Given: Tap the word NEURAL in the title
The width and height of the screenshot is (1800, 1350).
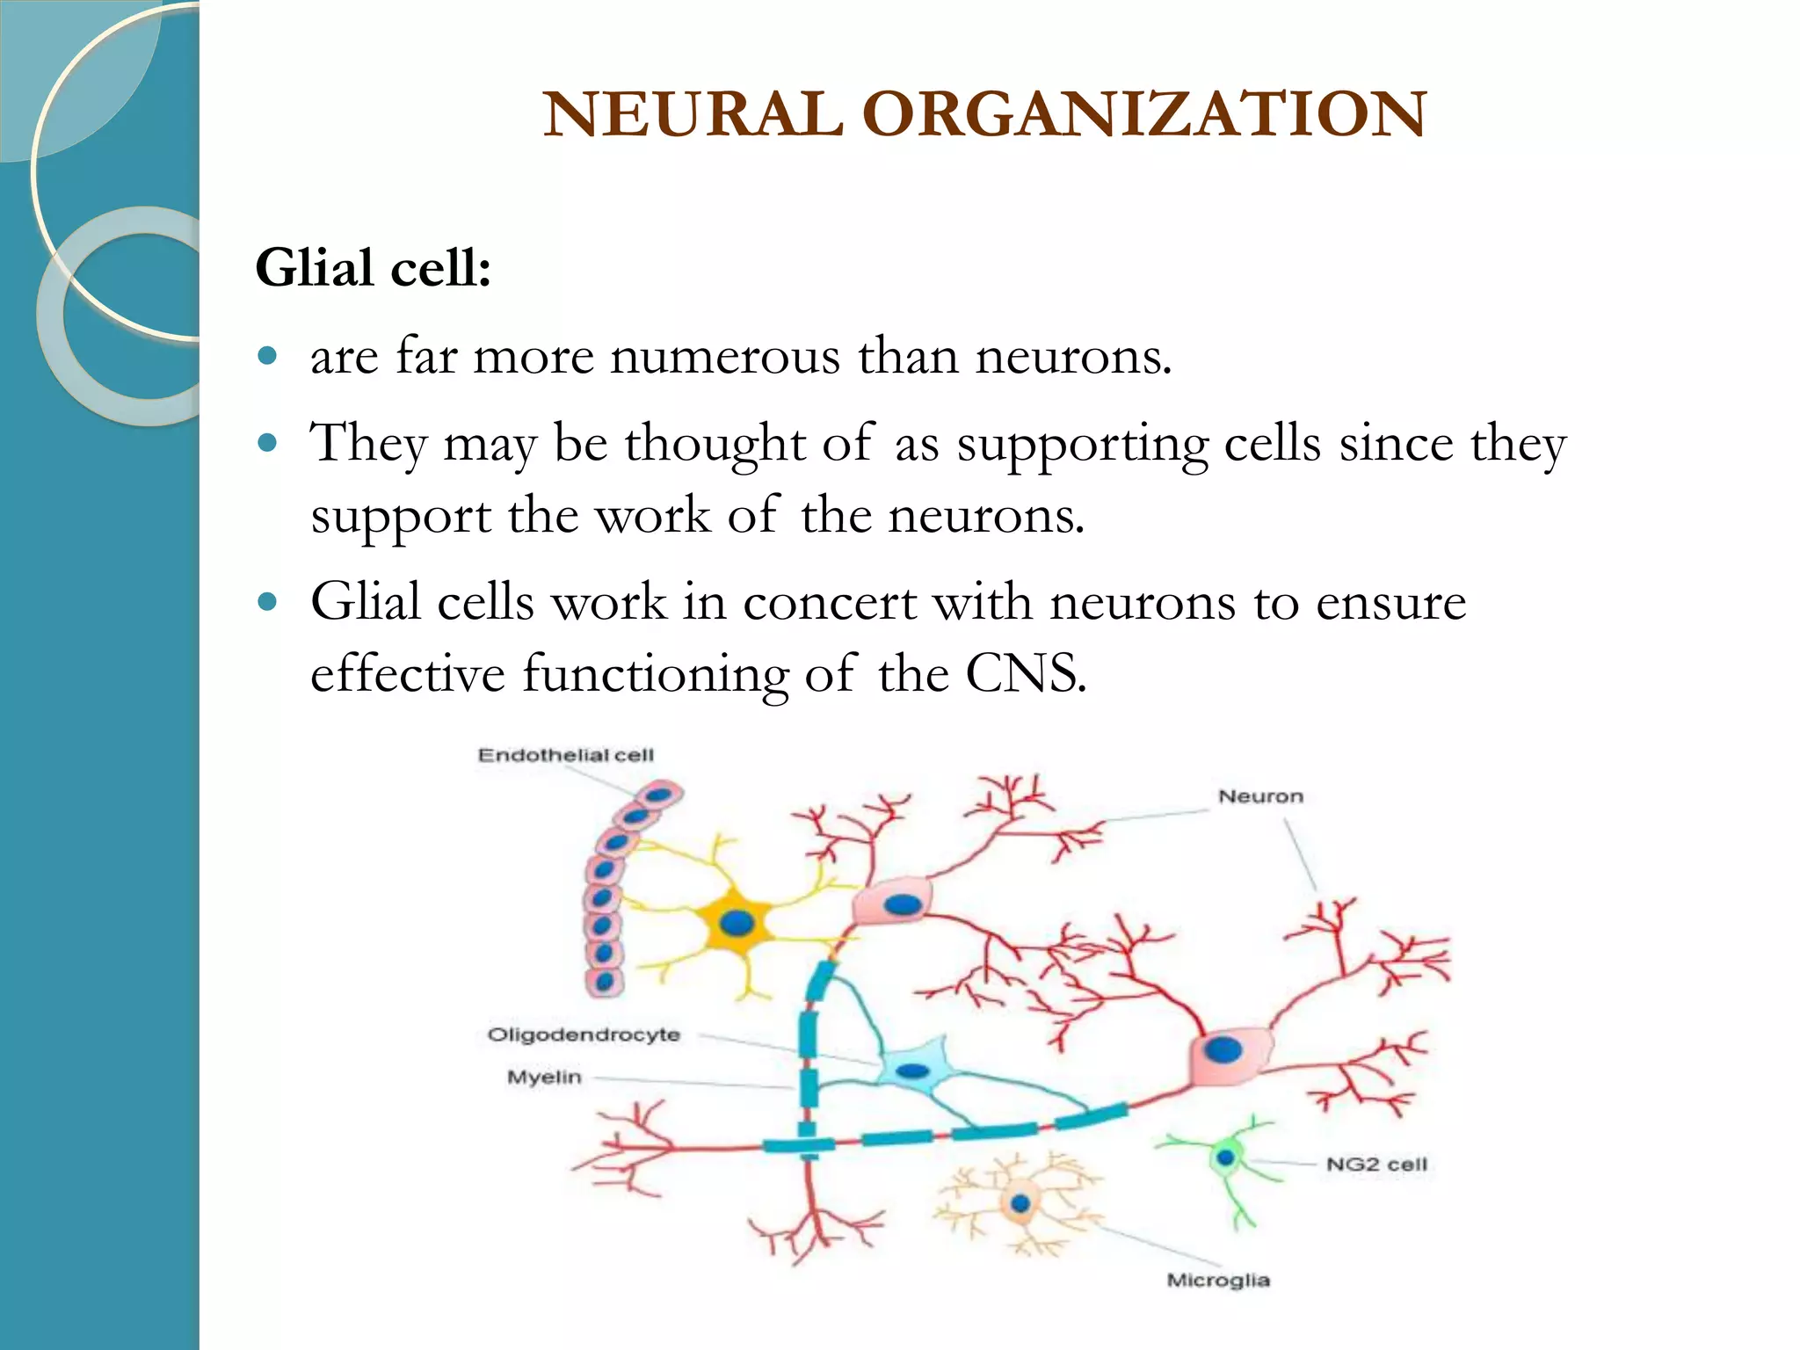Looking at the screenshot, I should click(x=693, y=114).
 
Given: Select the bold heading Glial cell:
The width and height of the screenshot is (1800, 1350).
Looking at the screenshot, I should click(x=373, y=267).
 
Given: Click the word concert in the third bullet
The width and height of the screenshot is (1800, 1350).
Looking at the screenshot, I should click(x=830, y=603).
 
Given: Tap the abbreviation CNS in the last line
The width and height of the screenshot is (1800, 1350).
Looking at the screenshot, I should click(x=1023, y=675).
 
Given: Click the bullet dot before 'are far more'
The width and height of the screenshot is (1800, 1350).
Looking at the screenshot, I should click(x=268, y=356).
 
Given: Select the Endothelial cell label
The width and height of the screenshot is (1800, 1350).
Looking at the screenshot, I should click(x=565, y=755).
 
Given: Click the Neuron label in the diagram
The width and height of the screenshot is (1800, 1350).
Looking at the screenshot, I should click(x=1259, y=796).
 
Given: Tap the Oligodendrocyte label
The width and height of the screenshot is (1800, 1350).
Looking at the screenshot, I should click(x=584, y=1034).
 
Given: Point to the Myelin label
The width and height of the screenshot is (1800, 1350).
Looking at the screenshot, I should click(x=544, y=1077).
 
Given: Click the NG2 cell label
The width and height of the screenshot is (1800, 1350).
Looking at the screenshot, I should click(x=1376, y=1165).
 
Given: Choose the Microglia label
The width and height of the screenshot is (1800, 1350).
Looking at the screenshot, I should click(x=1217, y=1280).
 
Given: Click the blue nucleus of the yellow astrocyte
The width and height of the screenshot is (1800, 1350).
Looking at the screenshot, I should click(x=736, y=923).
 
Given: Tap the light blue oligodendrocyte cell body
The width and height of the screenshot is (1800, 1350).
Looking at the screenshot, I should click(x=913, y=1071).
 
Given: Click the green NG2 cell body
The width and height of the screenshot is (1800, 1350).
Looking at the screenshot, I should click(x=1225, y=1158).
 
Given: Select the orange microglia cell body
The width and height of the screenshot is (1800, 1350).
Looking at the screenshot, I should click(x=1020, y=1203).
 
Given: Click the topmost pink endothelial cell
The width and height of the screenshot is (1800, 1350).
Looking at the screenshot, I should click(x=660, y=795).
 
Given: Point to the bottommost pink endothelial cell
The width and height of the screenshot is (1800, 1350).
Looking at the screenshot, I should click(x=604, y=981).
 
